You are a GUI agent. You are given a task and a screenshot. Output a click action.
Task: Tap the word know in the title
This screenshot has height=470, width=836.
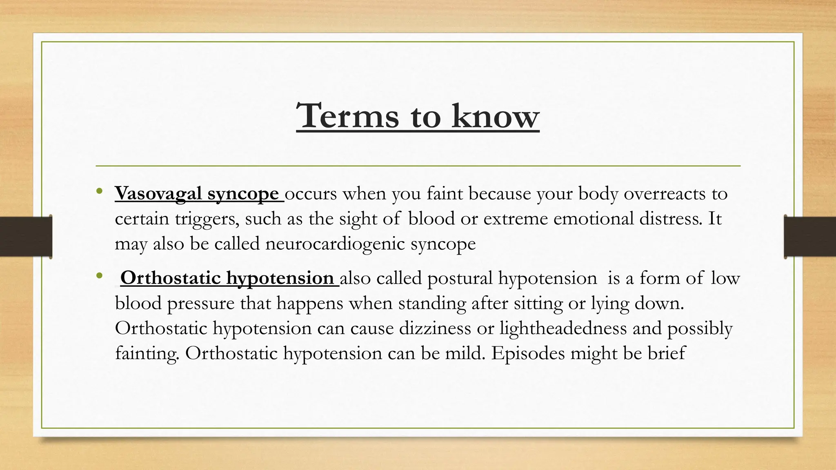point(496,116)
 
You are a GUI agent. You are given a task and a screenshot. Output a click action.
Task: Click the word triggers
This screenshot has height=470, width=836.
point(207,219)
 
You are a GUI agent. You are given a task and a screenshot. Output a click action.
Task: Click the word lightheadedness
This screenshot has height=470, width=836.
point(563,328)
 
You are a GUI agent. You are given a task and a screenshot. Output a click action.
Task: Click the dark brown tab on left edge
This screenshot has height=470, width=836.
point(26,237)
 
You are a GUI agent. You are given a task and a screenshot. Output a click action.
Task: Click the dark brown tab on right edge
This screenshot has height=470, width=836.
point(810,237)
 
